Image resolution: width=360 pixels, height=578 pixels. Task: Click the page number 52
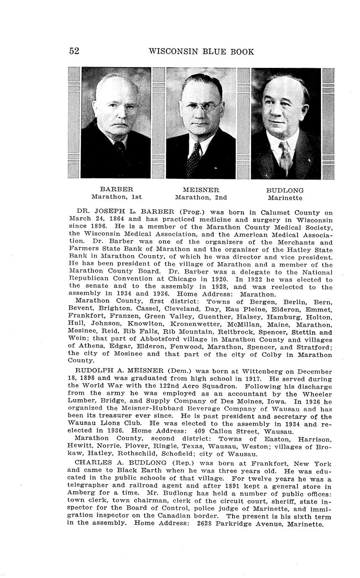click(74, 51)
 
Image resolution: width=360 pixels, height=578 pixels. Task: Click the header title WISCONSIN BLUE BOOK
click(201, 52)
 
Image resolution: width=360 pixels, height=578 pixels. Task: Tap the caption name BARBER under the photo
click(116, 189)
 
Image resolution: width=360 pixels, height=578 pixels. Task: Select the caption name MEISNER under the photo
click(201, 190)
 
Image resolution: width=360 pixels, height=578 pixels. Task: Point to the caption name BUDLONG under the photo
click(285, 191)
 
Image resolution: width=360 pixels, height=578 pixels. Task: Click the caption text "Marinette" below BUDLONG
click(285, 198)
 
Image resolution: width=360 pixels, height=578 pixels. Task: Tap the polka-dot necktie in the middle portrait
click(194, 160)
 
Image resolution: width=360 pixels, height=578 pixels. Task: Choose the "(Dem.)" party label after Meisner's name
click(181, 371)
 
